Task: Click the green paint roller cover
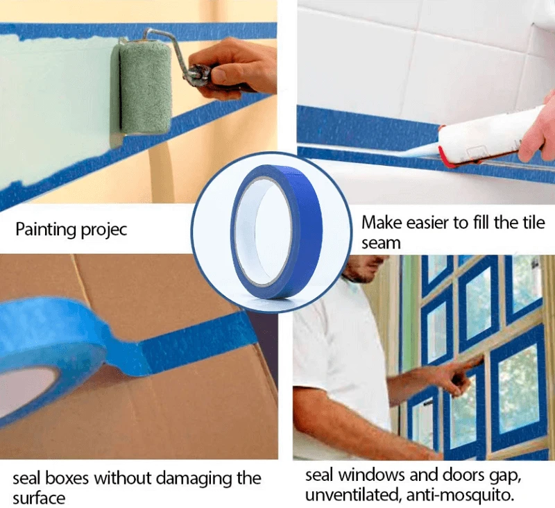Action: coord(145,90)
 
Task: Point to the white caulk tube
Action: coord(492,135)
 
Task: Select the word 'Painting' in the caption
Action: coord(45,230)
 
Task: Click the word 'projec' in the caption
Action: coord(103,230)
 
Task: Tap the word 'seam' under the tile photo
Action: coord(381,244)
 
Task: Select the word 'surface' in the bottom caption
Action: coord(39,498)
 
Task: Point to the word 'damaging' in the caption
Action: coord(194,479)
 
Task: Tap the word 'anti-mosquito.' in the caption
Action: coord(461,495)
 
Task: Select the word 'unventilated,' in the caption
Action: coord(353,495)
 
